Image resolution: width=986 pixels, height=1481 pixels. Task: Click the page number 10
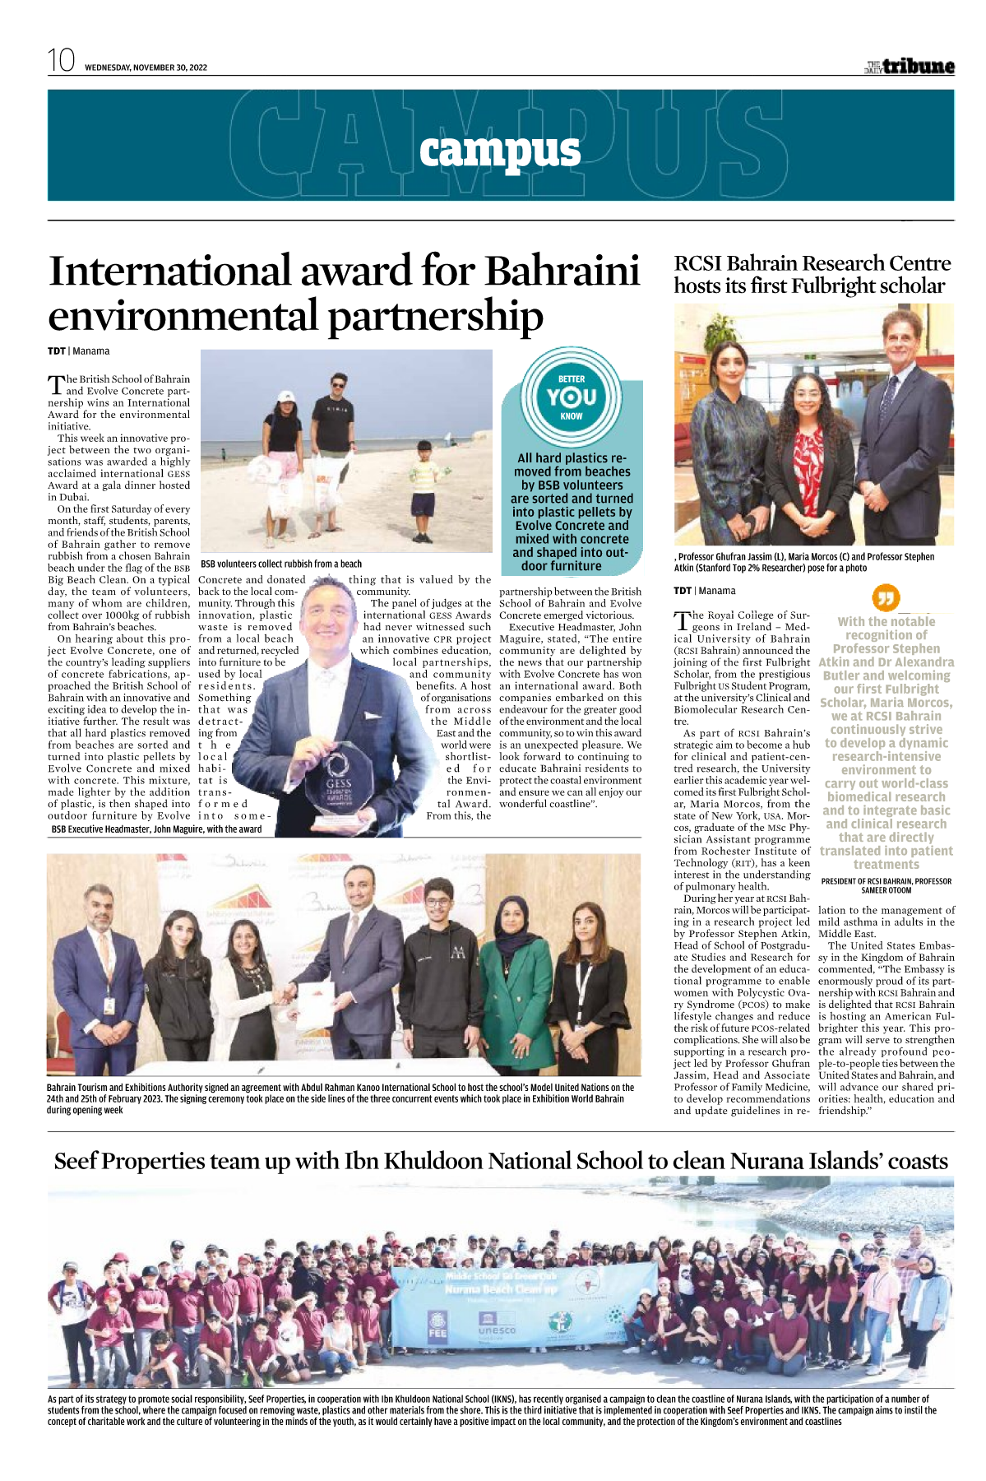[61, 61]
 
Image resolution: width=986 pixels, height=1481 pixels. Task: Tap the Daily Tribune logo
[910, 67]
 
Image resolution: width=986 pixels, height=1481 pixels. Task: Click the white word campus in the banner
[499, 151]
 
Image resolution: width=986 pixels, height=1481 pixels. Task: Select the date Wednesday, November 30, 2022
[146, 67]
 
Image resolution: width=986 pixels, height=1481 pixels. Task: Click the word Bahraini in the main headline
[562, 271]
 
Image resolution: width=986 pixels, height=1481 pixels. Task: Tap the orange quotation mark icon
[885, 598]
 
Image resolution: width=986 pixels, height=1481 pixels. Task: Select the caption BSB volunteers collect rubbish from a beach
[281, 564]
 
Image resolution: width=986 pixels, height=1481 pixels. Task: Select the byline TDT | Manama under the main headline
[78, 351]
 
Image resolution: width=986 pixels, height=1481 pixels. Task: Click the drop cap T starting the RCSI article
[682, 620]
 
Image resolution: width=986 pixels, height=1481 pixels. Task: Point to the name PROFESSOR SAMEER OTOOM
[886, 890]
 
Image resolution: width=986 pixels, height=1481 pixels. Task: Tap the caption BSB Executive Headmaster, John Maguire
[156, 829]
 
